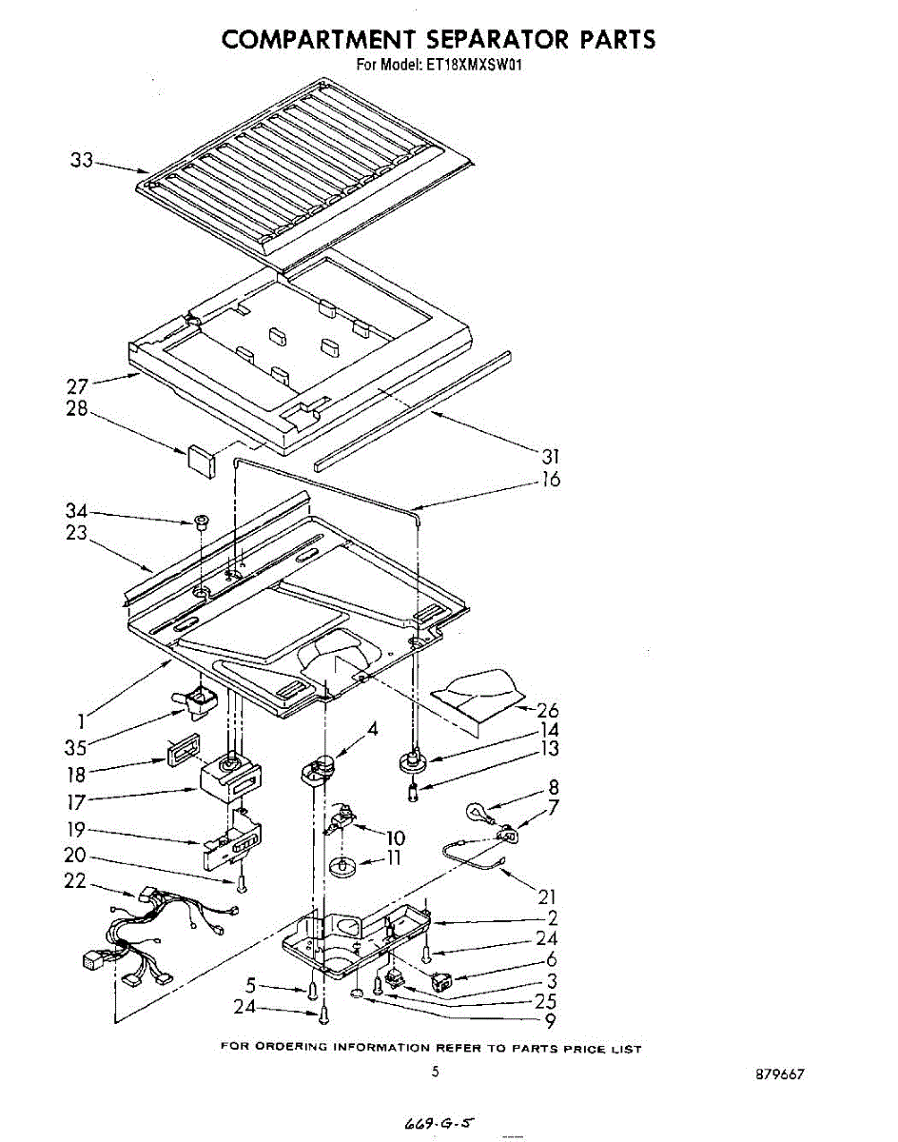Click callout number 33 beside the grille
81,161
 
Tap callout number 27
77,386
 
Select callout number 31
550,457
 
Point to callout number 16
550,480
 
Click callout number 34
77,511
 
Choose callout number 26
548,710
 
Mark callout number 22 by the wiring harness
76,882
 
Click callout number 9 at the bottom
549,1023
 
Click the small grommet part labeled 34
201,522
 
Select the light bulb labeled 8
478,812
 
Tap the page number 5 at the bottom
435,1073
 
